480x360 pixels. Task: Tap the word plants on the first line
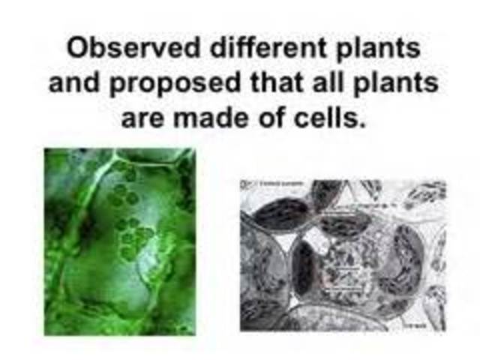[x=377, y=50]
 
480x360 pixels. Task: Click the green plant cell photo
[x=119, y=240]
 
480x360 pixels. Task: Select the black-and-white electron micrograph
[x=343, y=255]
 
